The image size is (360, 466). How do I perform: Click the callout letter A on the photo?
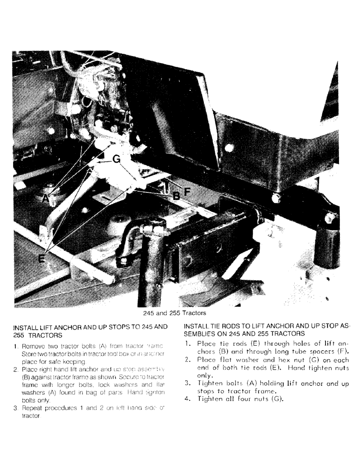click(x=45, y=198)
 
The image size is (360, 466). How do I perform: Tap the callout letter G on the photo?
click(x=116, y=160)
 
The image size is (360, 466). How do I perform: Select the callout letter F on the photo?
click(x=187, y=191)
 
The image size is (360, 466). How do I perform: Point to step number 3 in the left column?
click(x=15, y=407)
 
